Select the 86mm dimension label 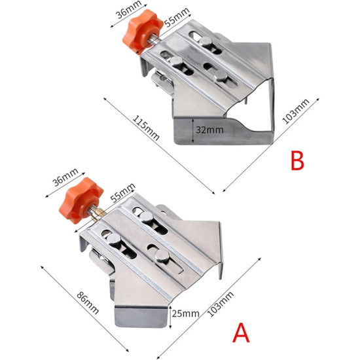pyautogui.click(x=79, y=299)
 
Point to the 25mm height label pyautogui.click(x=185, y=314)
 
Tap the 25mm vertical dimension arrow pyautogui.click(x=169, y=314)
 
